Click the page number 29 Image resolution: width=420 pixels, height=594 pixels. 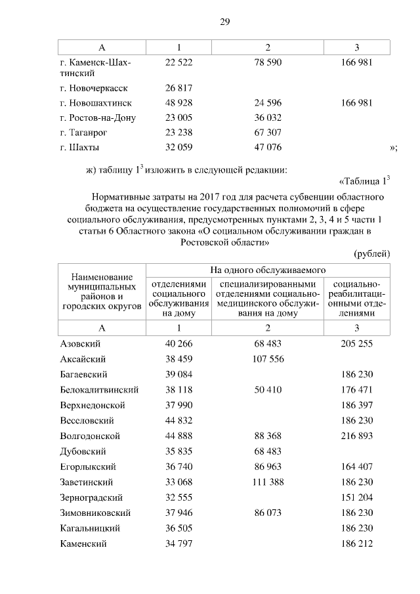[x=224, y=22]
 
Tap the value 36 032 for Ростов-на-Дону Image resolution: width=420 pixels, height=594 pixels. [x=268, y=118]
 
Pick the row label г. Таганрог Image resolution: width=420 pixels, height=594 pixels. [x=84, y=133]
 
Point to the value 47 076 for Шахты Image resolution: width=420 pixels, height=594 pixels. [x=268, y=148]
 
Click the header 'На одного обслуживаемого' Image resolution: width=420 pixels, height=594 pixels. [x=268, y=270]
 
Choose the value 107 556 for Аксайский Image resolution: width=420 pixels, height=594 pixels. [x=268, y=359]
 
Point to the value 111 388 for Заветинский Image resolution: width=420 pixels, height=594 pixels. [x=268, y=482]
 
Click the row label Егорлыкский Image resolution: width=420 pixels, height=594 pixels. [x=88, y=467]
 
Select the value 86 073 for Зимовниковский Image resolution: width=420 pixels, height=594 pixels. [x=268, y=513]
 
